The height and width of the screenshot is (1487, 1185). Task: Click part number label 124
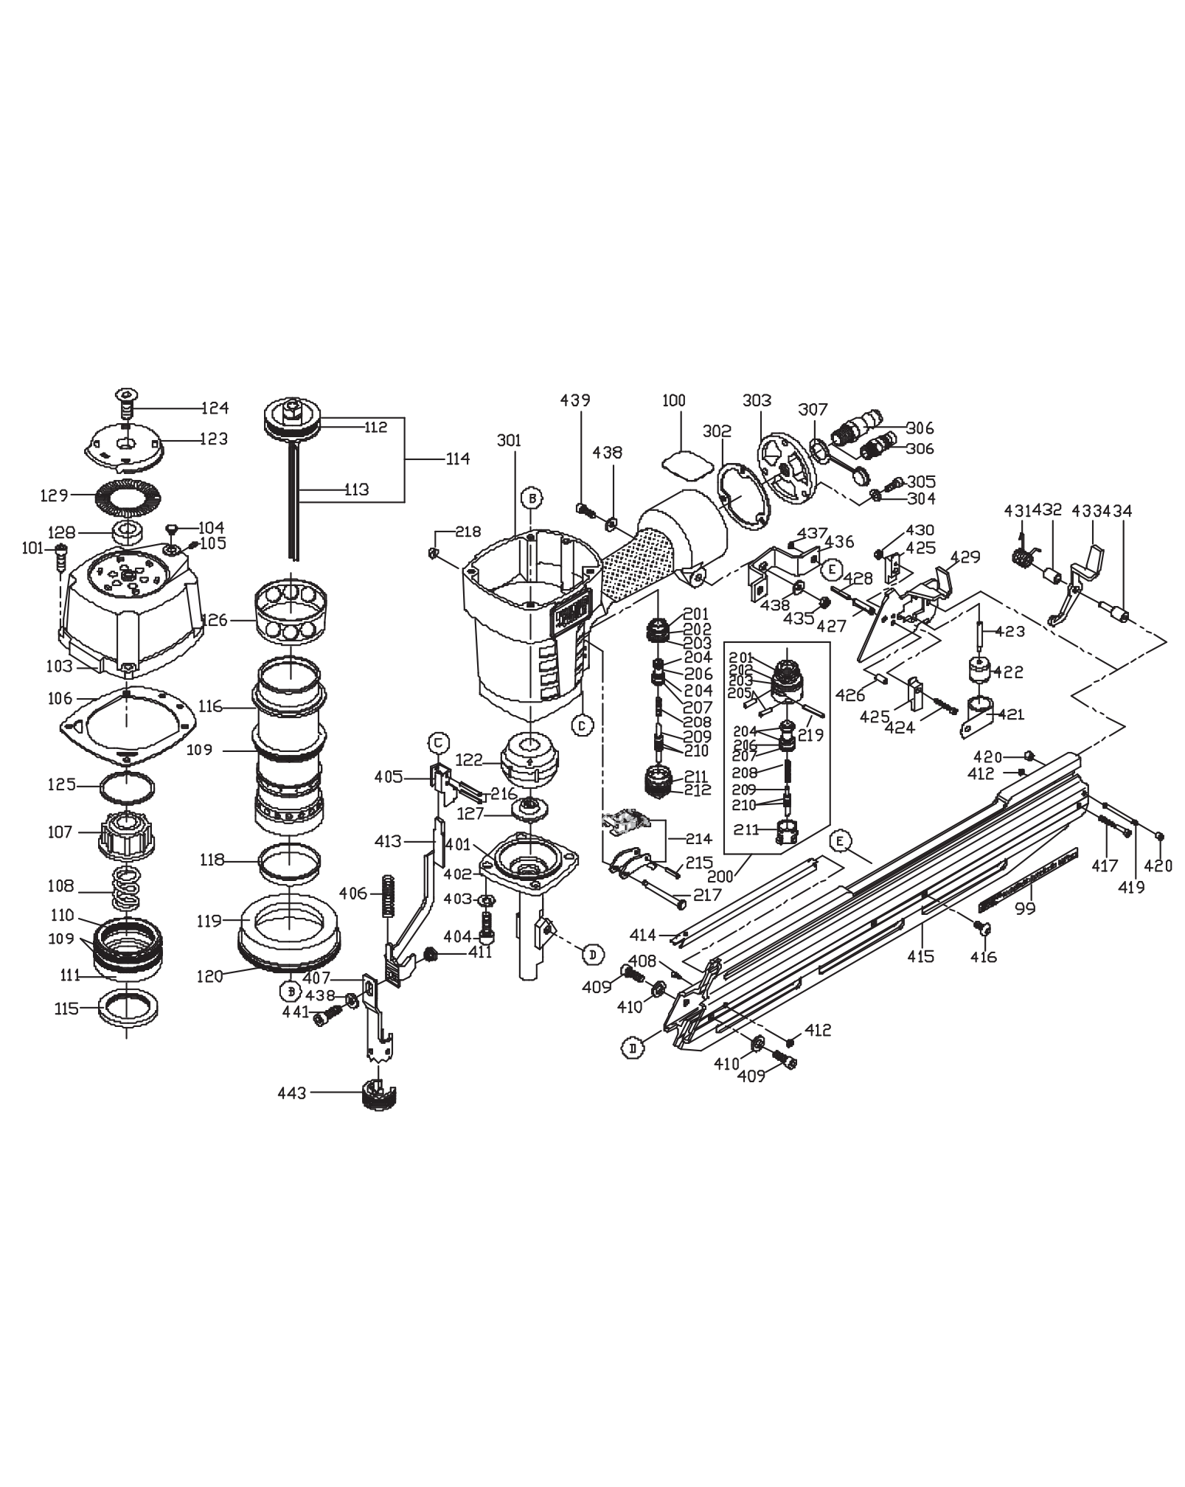215,408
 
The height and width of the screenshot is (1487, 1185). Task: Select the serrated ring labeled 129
128,495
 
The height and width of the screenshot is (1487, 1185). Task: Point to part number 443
291,1093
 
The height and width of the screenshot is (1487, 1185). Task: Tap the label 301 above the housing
508,441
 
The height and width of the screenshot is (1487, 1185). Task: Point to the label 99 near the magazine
1024,909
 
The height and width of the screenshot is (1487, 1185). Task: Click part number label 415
920,956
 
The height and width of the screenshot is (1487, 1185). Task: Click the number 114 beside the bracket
457,459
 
